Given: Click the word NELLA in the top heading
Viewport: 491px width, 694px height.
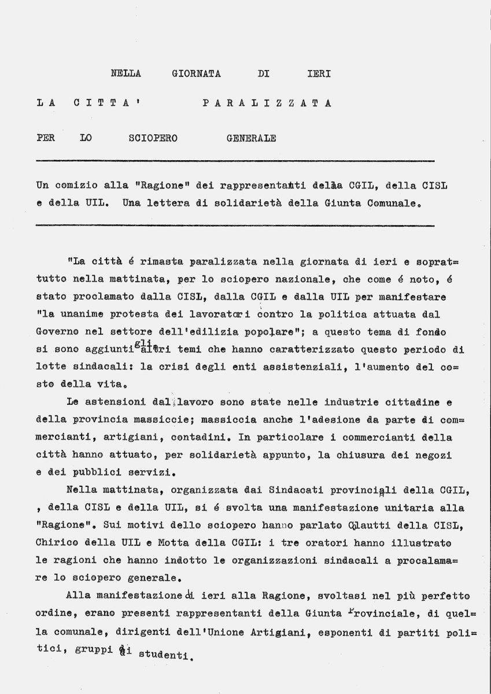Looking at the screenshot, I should [125, 73].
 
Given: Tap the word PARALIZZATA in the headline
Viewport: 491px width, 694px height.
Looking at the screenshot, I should [267, 104].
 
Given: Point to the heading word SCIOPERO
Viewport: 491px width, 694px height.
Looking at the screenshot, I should [153, 138].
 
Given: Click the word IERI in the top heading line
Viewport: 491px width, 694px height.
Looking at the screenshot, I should [318, 73].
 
